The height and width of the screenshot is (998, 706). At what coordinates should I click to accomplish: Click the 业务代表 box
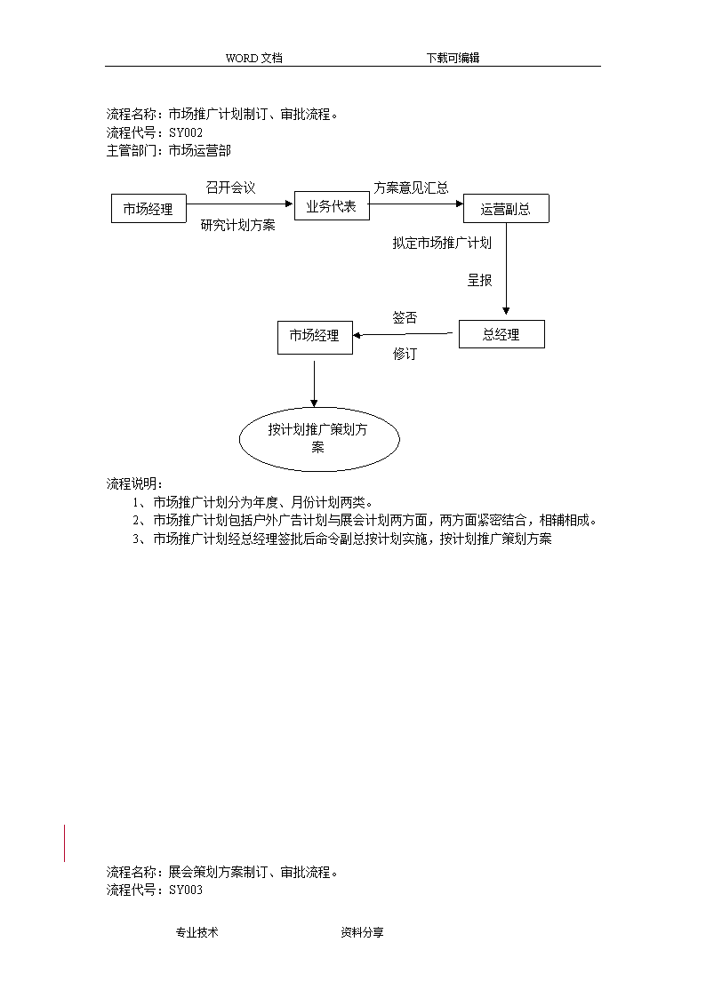[332, 205]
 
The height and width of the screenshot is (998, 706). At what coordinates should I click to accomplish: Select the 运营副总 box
[505, 208]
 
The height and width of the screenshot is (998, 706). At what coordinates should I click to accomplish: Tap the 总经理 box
[501, 334]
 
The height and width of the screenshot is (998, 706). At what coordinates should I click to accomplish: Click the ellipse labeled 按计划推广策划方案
[319, 438]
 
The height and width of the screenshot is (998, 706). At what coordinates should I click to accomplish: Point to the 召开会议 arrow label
[230, 188]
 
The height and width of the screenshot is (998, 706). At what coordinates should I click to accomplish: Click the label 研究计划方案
[238, 225]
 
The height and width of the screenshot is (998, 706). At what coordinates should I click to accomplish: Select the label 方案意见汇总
[412, 188]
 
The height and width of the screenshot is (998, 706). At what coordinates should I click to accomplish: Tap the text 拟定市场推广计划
[442, 243]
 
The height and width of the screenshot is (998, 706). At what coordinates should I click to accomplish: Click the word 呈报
[480, 280]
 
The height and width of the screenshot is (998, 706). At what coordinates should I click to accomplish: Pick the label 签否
[405, 317]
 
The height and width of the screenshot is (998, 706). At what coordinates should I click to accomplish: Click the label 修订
[405, 353]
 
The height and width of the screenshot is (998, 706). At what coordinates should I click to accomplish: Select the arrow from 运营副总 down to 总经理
[506, 268]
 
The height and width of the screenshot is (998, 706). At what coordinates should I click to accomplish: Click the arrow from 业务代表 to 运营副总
[416, 204]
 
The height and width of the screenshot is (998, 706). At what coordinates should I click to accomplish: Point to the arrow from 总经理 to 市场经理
[402, 334]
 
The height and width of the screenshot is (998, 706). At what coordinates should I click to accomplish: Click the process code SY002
[186, 132]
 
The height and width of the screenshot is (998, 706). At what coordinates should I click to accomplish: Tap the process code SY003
[186, 890]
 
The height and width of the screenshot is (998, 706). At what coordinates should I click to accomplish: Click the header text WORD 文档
[254, 58]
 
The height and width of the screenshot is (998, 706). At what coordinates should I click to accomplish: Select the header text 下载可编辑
[453, 58]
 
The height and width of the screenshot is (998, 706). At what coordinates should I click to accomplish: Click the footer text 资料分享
[362, 932]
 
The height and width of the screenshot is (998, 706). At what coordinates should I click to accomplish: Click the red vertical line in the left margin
[64, 843]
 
